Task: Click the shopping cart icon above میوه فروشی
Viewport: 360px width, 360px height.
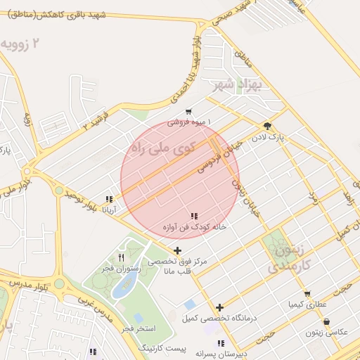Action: click(188, 112)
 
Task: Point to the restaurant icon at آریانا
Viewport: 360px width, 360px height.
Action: click(109, 199)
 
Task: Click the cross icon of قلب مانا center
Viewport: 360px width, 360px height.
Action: click(177, 250)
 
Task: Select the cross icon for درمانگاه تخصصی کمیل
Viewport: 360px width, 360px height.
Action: click(220, 307)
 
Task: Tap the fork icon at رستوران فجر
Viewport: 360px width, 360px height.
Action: click(122, 257)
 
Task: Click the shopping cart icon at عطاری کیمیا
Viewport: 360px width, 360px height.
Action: click(307, 295)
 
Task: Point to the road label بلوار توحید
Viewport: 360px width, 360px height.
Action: click(79, 199)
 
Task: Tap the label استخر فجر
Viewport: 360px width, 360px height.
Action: click(137, 328)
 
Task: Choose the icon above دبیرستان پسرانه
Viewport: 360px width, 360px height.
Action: click(221, 343)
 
